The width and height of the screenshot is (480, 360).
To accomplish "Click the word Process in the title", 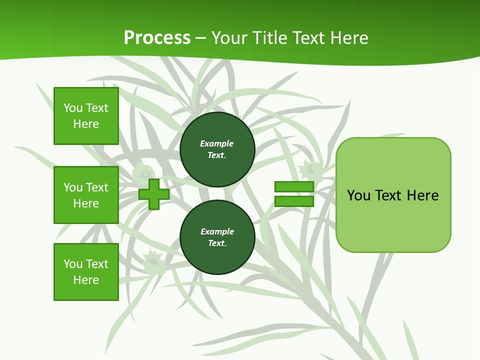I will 157,38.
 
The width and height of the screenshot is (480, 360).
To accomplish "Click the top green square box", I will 86,116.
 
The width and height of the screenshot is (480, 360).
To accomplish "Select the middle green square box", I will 86,195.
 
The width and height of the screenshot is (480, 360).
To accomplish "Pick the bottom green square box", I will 86,272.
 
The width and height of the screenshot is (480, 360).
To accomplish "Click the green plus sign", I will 154,194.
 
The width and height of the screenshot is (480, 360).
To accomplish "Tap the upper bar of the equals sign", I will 294,186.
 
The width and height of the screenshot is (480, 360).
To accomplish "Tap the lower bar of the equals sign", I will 294,201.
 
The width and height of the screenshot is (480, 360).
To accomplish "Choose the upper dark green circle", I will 217,149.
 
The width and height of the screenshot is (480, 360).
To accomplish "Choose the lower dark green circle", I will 217,237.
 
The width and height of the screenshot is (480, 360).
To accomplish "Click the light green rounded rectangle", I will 393,194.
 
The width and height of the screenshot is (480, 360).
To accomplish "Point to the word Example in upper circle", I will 216,143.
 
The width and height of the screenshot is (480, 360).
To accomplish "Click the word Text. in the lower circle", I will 217,243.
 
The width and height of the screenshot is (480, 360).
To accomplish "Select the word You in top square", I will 73,108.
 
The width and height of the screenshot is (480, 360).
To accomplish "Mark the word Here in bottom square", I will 86,280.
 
